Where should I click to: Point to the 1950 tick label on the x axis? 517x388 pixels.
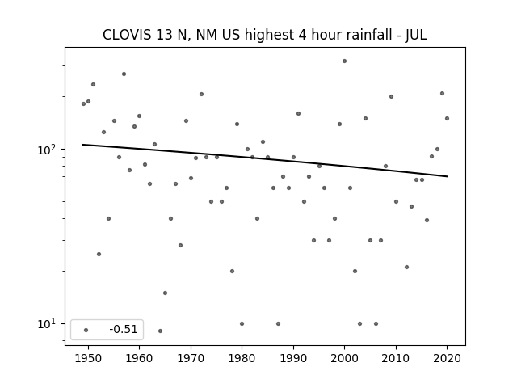[88, 358]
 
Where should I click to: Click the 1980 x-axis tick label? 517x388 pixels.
[242, 358]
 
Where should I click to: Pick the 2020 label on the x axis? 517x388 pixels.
[447, 358]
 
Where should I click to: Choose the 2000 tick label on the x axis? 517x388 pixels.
[344, 358]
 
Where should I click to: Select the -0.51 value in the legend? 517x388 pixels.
[124, 329]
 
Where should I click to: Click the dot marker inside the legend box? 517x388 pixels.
[86, 330]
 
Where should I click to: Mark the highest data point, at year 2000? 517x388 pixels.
[344, 61]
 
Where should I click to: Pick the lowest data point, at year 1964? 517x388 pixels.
[160, 331]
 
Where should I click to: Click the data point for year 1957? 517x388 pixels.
[124, 74]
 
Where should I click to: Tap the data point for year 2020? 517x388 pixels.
[447, 119]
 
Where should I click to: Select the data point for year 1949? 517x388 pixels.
[83, 104]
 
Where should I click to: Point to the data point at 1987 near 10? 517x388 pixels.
[278, 323]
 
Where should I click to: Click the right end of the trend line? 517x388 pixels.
[448, 176]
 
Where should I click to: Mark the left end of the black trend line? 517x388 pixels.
[82, 145]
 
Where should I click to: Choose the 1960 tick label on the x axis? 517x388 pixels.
[139, 358]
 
